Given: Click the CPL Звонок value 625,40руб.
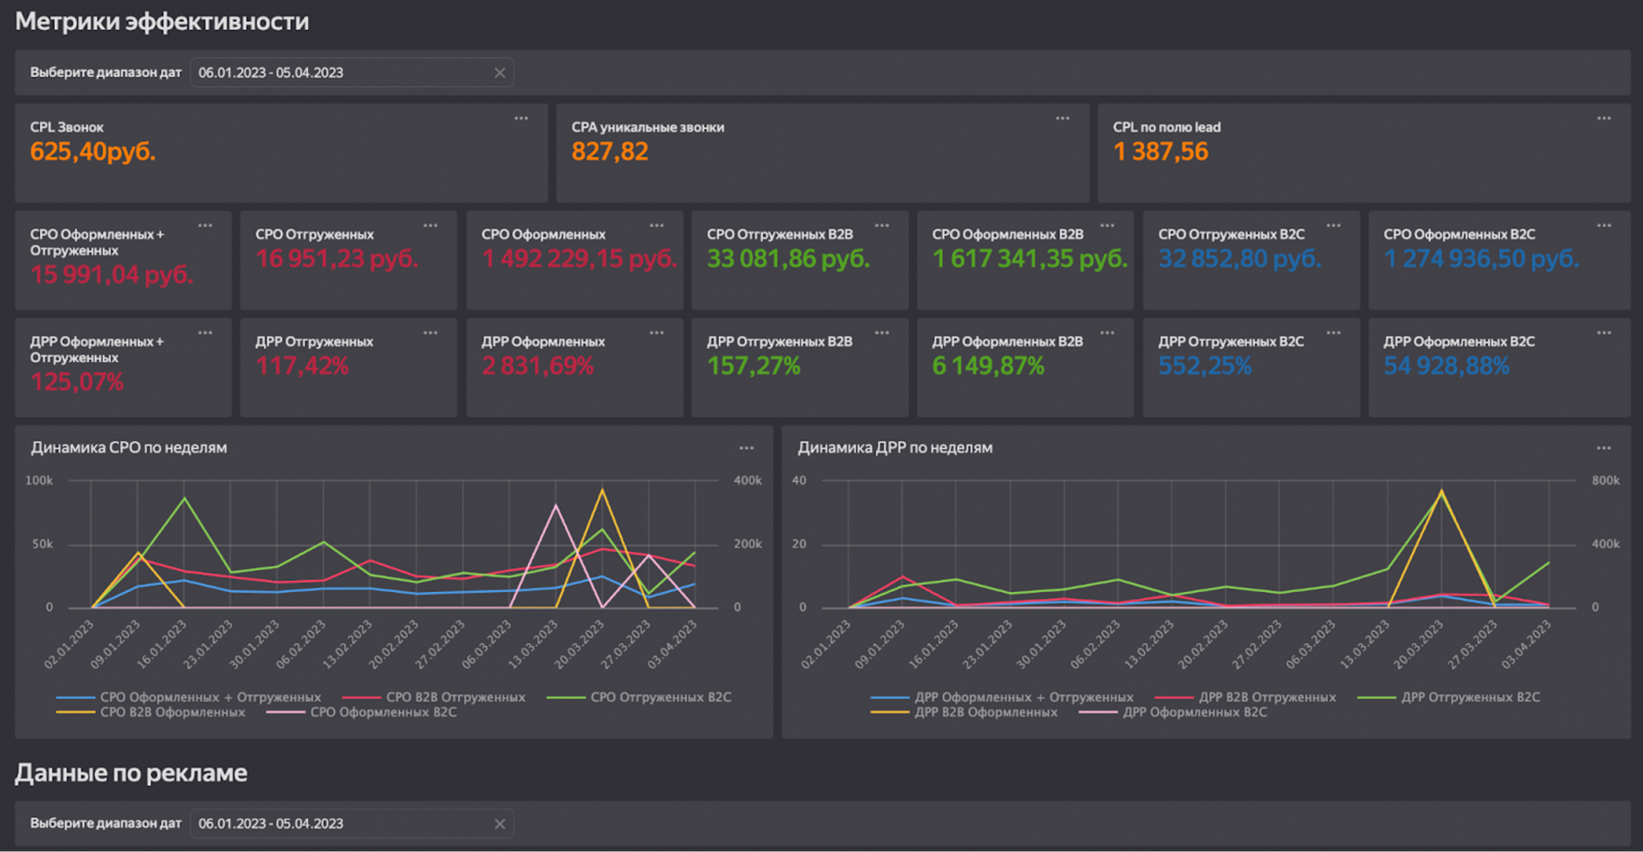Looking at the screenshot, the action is pyautogui.click(x=92, y=152).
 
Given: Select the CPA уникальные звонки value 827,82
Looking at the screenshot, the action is pyautogui.click(x=609, y=152).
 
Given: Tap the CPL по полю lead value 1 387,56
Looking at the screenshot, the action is pyautogui.click(x=1160, y=152).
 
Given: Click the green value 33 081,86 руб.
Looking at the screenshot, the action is pyautogui.click(x=788, y=259).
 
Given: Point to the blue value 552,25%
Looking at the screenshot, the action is pyautogui.click(x=1205, y=366).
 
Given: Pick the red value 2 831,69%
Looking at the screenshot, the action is pyautogui.click(x=537, y=366).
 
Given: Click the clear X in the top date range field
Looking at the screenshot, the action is pyautogui.click(x=500, y=73).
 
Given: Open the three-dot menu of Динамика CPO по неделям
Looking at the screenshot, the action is pyautogui.click(x=746, y=448).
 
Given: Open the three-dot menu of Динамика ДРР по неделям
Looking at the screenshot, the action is pyautogui.click(x=1604, y=448).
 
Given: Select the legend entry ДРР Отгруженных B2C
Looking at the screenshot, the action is pyautogui.click(x=1449, y=697).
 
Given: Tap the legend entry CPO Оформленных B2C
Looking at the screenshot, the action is pyautogui.click(x=362, y=713).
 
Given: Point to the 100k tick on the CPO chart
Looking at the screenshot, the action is pyautogui.click(x=39, y=481).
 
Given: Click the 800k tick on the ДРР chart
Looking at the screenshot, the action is pyautogui.click(x=1605, y=481).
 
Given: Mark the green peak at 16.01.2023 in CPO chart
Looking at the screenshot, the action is pyautogui.click(x=184, y=498).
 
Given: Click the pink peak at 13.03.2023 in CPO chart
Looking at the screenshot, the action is pyautogui.click(x=556, y=505).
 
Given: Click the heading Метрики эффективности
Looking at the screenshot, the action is pyautogui.click(x=163, y=21).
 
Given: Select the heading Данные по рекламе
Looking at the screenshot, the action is pyautogui.click(x=131, y=773).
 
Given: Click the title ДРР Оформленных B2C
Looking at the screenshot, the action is pyautogui.click(x=1459, y=341).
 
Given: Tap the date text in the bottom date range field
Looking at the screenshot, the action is pyautogui.click(x=270, y=824).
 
